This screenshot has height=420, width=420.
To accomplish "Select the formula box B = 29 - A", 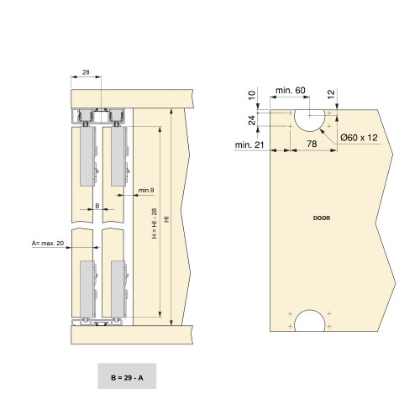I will tap(126, 378).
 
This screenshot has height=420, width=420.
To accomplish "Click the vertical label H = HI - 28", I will tap(153, 224).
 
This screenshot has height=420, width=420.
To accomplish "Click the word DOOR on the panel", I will tap(321, 218).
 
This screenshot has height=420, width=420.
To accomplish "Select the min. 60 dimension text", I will tap(291, 90).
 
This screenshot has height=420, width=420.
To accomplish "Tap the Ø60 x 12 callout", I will tap(360, 137).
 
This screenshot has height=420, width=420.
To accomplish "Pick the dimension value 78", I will tap(312, 144).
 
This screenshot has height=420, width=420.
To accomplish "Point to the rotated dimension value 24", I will tap(252, 119).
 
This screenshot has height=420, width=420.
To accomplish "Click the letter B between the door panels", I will tap(97, 204).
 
